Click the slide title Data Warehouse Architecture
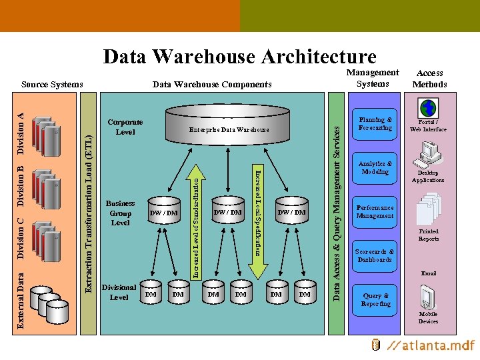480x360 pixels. click(x=240, y=57)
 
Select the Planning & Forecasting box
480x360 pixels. click(x=375, y=124)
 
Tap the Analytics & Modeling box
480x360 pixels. click(x=375, y=167)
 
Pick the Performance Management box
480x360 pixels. click(x=375, y=211)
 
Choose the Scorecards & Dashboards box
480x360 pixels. click(x=375, y=256)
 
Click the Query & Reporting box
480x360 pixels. click(x=375, y=299)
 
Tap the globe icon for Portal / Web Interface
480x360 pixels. click(x=427, y=108)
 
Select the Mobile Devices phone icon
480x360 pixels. click(x=427, y=297)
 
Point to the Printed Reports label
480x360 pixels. click(x=429, y=235)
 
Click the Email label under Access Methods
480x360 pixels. click(x=428, y=273)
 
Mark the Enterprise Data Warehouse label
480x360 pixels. click(x=229, y=129)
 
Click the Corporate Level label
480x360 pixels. click(x=125, y=127)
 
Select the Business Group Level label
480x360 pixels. click(x=120, y=213)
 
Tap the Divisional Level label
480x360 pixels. click(x=119, y=292)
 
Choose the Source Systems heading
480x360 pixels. click(x=52, y=84)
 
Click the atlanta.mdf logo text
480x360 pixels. click(x=433, y=345)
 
